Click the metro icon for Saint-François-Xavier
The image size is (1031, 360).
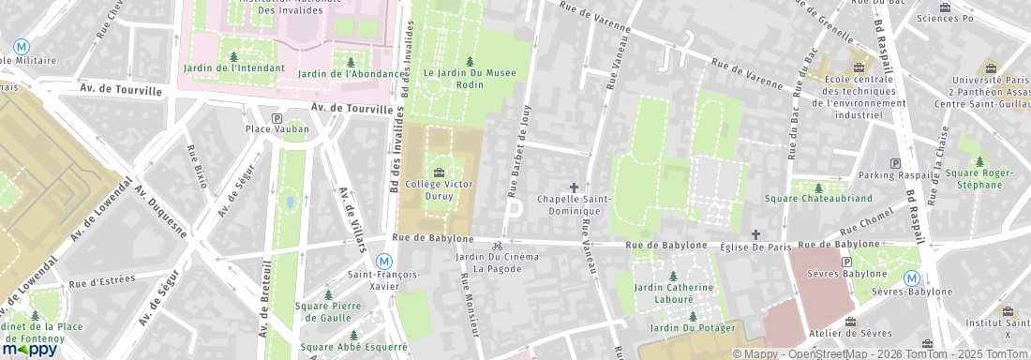click(383, 261)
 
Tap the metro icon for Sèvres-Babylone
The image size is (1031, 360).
click(911, 277)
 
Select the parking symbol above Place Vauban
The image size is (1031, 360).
click(276, 118)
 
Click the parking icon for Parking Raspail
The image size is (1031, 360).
click(895, 163)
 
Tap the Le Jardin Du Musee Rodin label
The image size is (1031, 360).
click(470, 77)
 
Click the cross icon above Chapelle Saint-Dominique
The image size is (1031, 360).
click(574, 187)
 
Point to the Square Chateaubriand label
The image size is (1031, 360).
click(818, 199)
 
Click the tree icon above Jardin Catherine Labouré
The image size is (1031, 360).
click(673, 275)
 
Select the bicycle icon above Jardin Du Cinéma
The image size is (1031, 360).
click(497, 247)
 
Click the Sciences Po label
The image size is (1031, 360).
click(945, 18)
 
